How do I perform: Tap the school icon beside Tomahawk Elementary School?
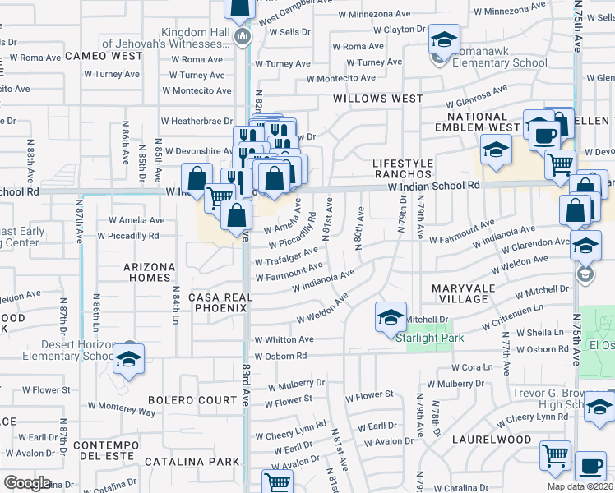click(443, 39)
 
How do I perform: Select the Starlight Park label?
click(430, 338)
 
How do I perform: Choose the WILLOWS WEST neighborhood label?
click(377, 99)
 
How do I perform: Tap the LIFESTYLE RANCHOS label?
click(402, 168)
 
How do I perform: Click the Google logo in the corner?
click(28, 482)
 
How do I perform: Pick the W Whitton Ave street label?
click(284, 339)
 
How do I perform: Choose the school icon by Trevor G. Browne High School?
click(599, 406)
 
